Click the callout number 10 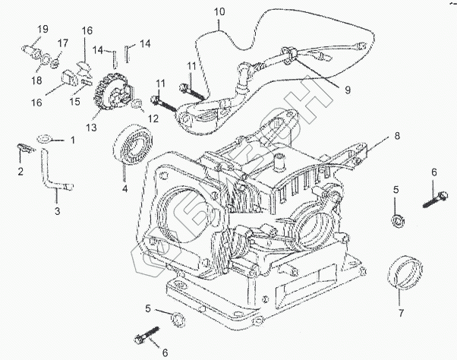pyautogui.click(x=219, y=12)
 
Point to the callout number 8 pyautogui.click(x=395, y=137)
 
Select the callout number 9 pyautogui.click(x=346, y=90)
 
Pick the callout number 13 pyautogui.click(x=92, y=128)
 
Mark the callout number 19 pyautogui.click(x=43, y=29)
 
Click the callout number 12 pyautogui.click(x=153, y=118)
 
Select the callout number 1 pyautogui.click(x=73, y=141)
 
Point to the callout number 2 pyautogui.click(x=20, y=171)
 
